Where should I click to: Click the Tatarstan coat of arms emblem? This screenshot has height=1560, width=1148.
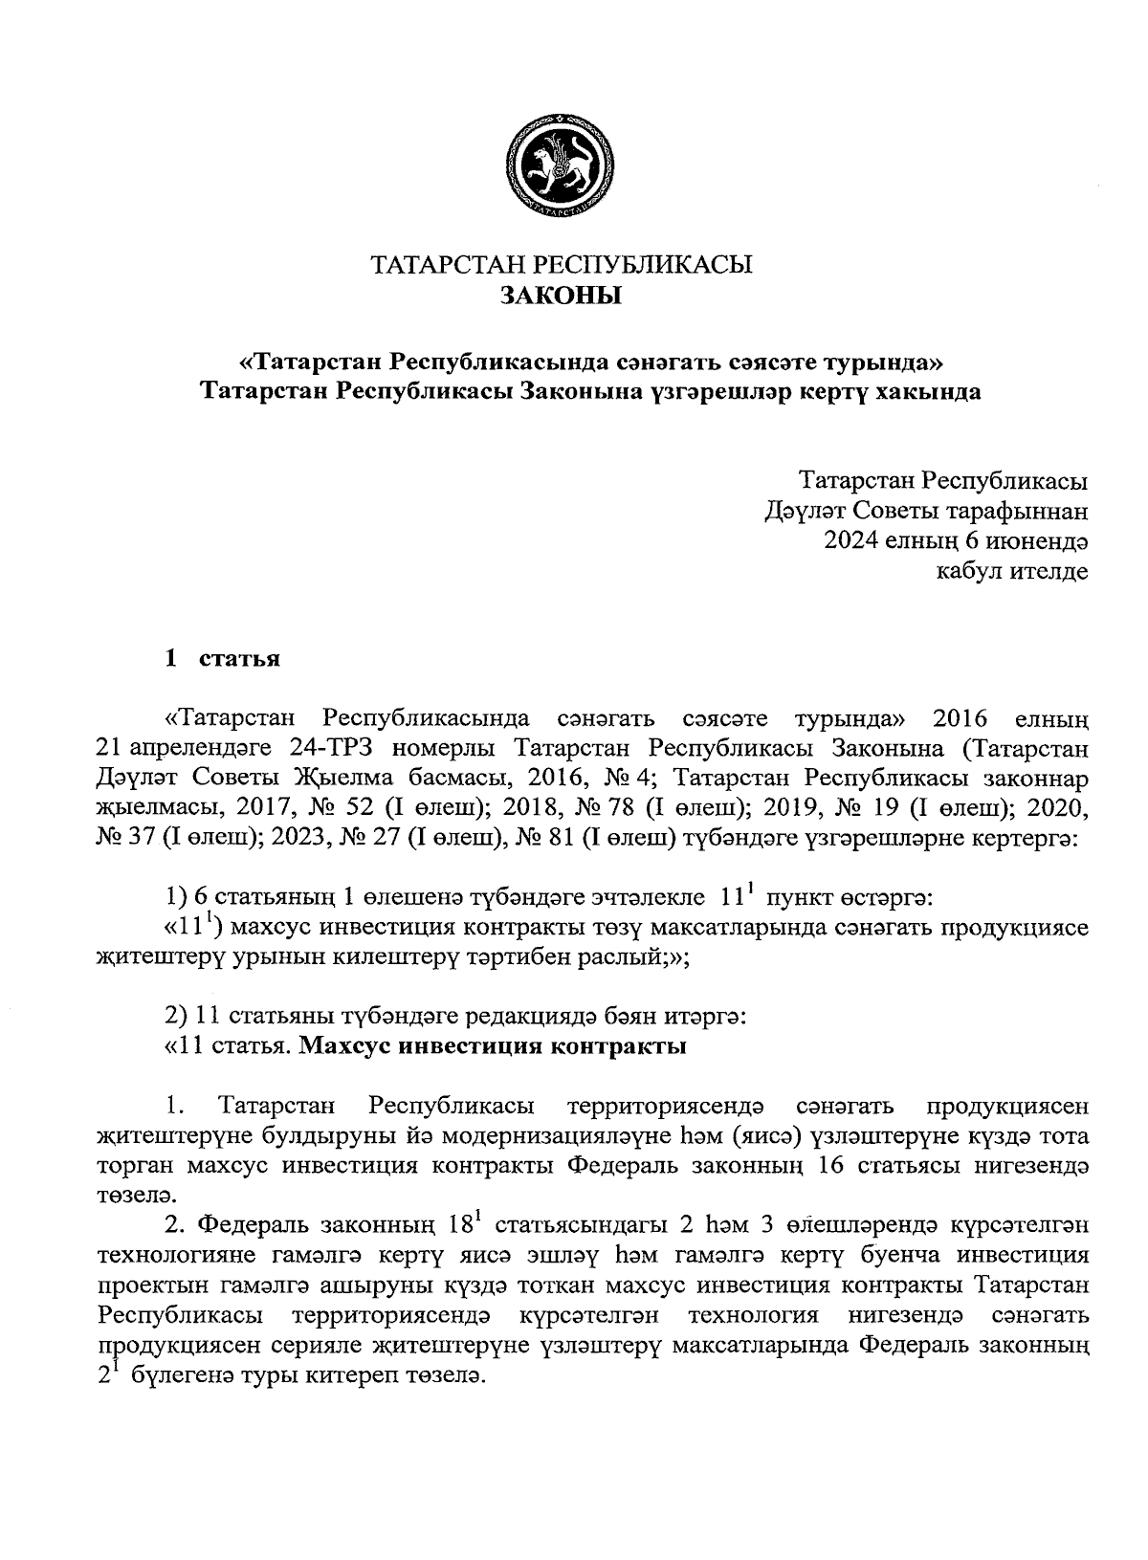[x=560, y=166]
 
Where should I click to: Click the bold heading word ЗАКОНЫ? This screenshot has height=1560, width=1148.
[x=562, y=296]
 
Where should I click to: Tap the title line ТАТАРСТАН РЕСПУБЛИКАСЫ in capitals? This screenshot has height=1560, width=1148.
[x=562, y=264]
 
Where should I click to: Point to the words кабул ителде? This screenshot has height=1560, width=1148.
[x=1012, y=572]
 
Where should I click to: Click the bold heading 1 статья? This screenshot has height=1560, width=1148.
[x=222, y=659]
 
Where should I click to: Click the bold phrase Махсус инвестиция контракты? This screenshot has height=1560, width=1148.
[x=494, y=1045]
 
